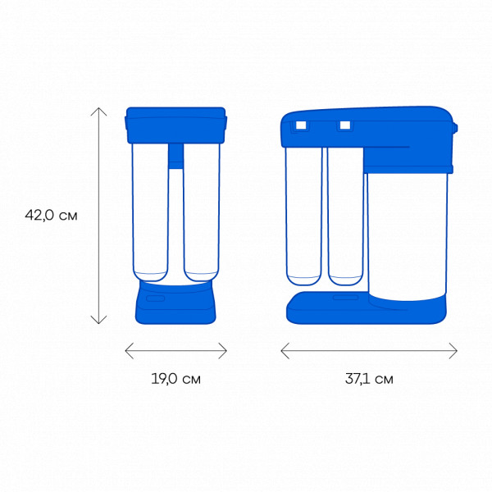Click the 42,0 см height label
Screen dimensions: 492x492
point(51,215)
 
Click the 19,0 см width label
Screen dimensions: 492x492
point(175,379)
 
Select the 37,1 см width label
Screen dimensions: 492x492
point(369,379)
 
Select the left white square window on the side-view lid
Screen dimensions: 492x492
point(301,125)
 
